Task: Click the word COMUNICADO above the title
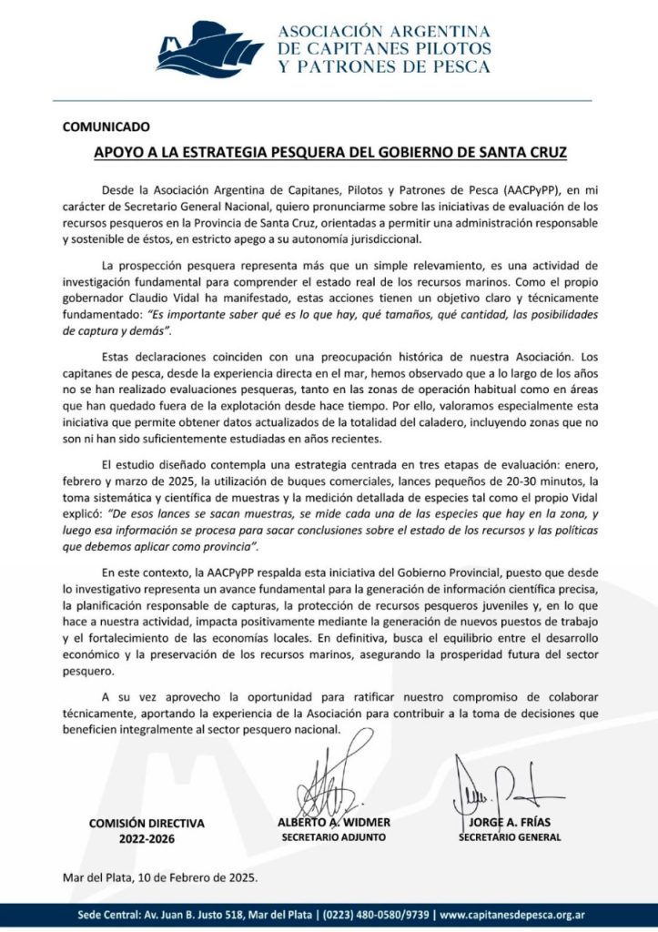106,127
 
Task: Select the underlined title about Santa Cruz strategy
330,152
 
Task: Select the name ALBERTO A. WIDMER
333,822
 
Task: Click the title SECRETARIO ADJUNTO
333,836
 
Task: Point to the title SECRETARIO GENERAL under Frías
510,836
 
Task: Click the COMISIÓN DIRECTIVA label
147,823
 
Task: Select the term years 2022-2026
147,838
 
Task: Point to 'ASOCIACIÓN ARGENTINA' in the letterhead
383,31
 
